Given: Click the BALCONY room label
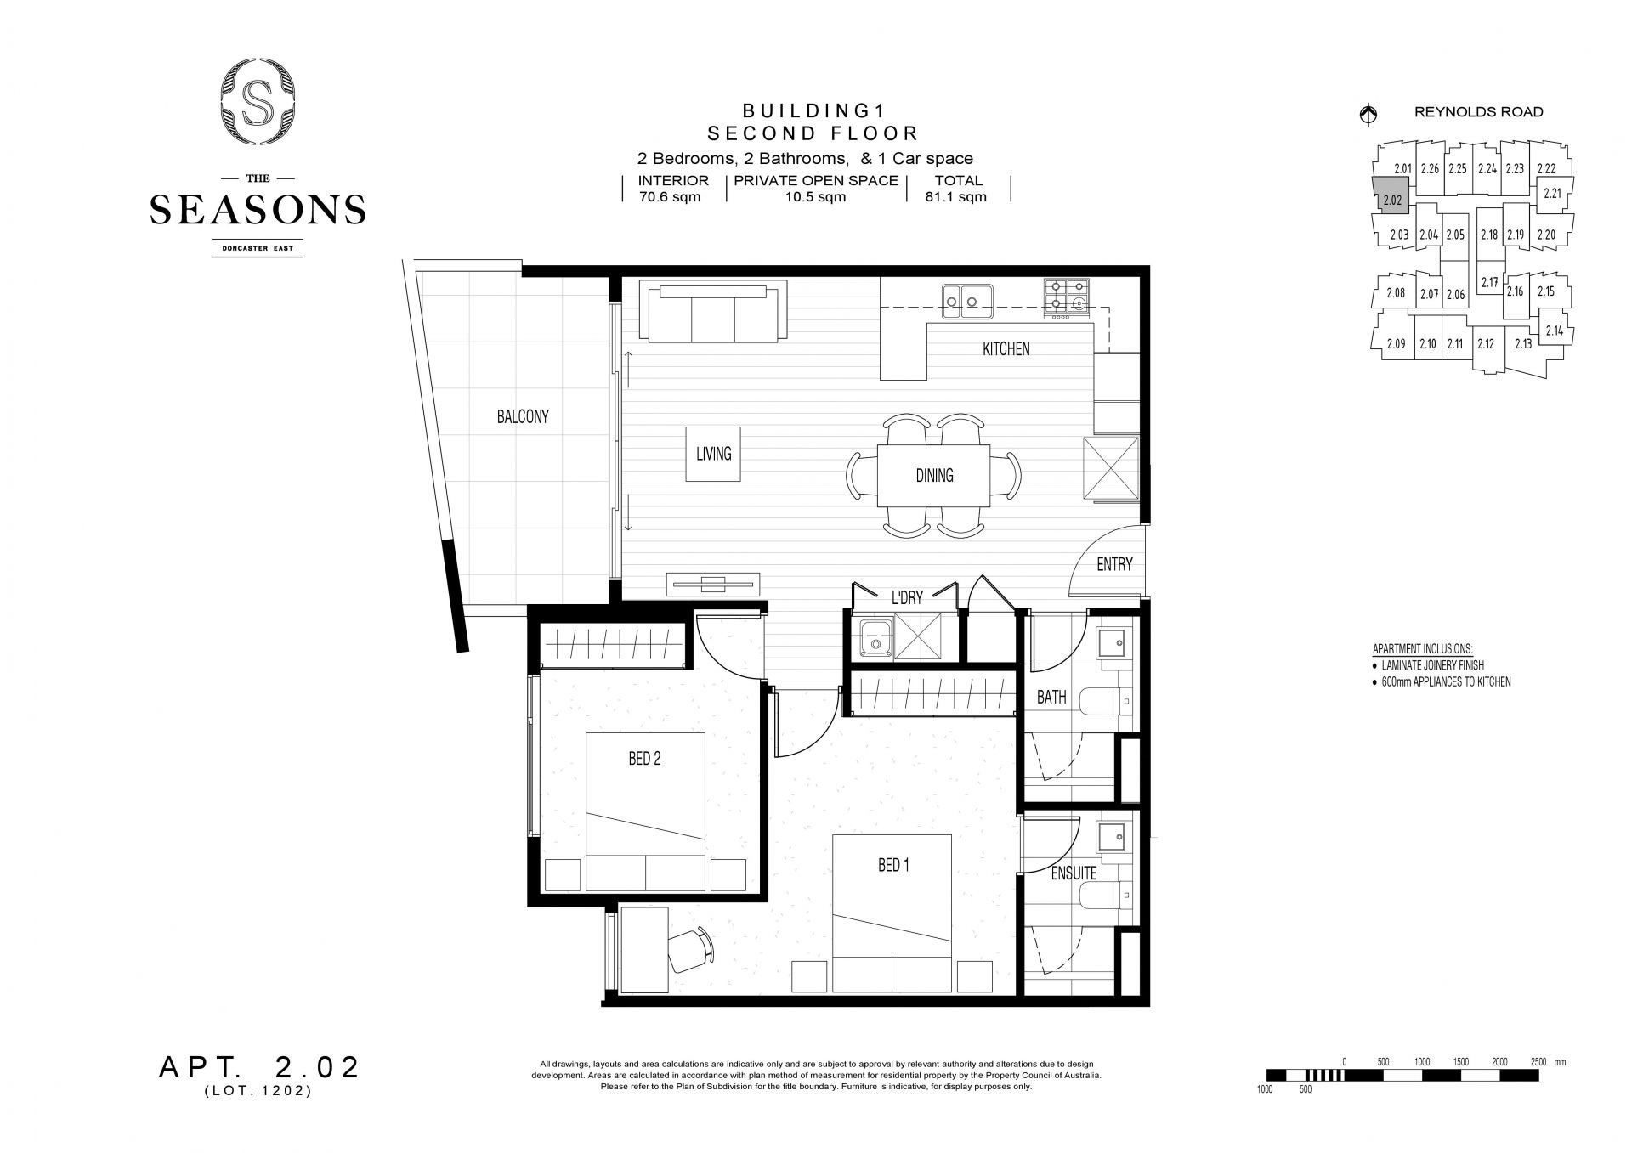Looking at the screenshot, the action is [x=523, y=416].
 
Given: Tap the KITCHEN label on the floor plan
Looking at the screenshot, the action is [x=1006, y=348].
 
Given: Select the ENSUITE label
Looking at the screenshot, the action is [x=1074, y=873].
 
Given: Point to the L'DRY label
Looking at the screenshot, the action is [x=907, y=598].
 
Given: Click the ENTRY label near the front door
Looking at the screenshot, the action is [x=1114, y=564].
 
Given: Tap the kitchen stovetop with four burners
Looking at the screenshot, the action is [x=1067, y=298].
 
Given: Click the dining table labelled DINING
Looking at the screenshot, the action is [x=934, y=477].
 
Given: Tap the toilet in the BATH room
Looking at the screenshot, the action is [x=1107, y=702].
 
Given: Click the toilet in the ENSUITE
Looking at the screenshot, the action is [x=1107, y=893].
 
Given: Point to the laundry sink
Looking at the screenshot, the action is [x=873, y=638].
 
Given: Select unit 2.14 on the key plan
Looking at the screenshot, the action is [x=1555, y=331].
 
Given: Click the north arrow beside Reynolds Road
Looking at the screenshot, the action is [x=1368, y=114].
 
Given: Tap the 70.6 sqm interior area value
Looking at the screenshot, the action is [x=671, y=197].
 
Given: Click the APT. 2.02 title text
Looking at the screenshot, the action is [x=259, y=1068].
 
